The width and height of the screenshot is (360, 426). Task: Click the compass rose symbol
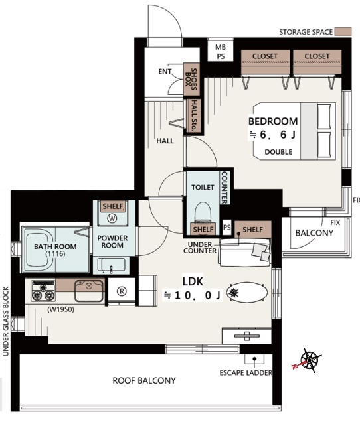coord(310,360)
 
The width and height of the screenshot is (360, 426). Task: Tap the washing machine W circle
coord(112,218)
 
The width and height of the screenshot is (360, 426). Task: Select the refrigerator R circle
coord(122,291)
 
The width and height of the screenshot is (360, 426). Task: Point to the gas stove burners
coord(43,291)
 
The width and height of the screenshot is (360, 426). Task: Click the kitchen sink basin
coord(89,291)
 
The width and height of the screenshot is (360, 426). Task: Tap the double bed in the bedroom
coord(294,131)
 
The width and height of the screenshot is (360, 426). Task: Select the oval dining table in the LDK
coord(247,293)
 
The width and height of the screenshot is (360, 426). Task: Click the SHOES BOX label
coord(191,80)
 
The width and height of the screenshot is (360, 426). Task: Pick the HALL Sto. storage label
coord(194,115)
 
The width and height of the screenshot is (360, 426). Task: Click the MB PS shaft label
coord(221,52)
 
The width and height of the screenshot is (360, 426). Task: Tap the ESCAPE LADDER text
coord(246,373)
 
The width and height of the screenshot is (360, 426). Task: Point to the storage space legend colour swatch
coord(343,31)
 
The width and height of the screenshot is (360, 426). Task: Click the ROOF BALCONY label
coord(144,380)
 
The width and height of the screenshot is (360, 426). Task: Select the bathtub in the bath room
coord(39,249)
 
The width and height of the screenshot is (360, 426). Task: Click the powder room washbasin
coord(111,265)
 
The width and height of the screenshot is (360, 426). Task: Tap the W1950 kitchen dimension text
coord(60,309)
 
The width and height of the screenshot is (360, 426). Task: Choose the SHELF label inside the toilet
coord(203,230)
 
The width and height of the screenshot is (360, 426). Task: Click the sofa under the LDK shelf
coord(245,252)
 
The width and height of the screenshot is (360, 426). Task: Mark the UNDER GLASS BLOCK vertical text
coord(6,321)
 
